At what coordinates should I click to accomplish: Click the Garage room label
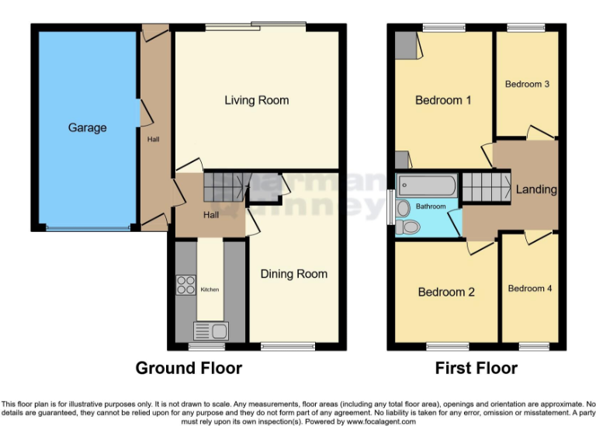tap(87, 127)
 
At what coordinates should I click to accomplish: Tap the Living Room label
tap(257, 100)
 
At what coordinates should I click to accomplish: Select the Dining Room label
tap(293, 274)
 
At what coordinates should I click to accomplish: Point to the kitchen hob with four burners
tap(186, 285)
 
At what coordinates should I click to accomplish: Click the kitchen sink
tap(210, 331)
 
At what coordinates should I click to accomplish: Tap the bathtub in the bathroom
tap(426, 185)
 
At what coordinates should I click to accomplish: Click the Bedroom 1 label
tap(443, 100)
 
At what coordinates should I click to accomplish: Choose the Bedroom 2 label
tap(446, 292)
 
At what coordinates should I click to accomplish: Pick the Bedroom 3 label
tap(528, 84)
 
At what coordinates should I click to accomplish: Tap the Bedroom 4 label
tap(530, 288)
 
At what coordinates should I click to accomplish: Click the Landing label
tap(536, 189)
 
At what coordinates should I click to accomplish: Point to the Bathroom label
tap(431, 206)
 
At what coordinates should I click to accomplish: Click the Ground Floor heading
tap(189, 368)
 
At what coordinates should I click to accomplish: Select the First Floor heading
tap(476, 368)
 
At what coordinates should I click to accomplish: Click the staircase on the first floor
tap(483, 189)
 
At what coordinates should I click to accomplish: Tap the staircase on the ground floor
tap(225, 187)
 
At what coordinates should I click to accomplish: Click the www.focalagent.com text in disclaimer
tap(380, 422)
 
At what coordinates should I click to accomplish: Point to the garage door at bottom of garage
tap(87, 228)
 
